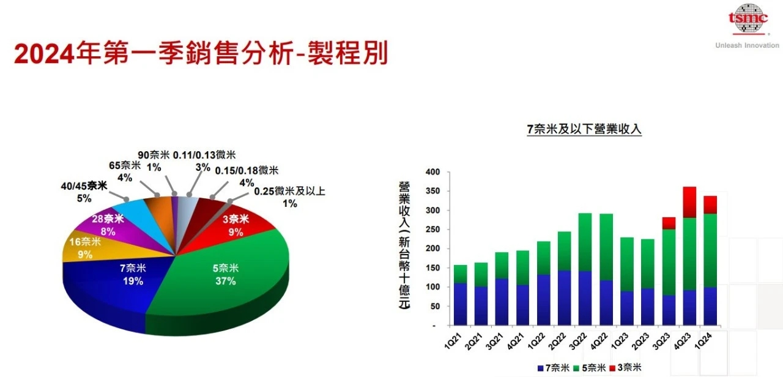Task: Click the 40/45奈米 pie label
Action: click(x=84, y=186)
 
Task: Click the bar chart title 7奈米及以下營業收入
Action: click(x=584, y=129)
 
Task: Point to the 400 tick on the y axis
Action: click(x=433, y=173)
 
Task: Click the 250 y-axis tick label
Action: click(x=433, y=230)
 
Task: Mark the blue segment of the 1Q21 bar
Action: click(x=461, y=304)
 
